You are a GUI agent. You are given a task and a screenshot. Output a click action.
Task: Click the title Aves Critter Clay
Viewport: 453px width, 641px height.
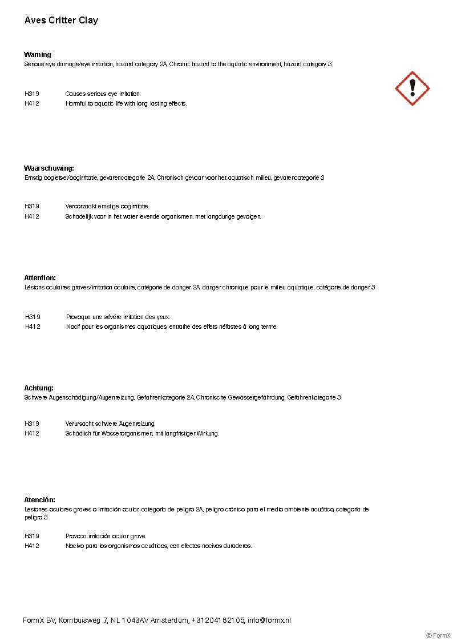61,21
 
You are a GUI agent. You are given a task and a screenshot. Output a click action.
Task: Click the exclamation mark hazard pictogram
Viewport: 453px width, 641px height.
412,88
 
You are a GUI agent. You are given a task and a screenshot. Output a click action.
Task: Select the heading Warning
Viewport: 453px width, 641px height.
38,55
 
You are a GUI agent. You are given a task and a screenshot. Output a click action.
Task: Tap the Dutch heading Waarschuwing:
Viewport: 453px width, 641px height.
49,168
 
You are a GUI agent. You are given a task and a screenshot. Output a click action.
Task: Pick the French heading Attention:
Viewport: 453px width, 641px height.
40,278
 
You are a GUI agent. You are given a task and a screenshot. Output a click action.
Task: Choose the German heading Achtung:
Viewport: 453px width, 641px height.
39,388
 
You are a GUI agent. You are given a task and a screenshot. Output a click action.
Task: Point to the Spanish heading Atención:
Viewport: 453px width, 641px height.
40,500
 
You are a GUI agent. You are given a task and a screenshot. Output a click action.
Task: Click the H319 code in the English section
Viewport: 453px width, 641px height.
32,94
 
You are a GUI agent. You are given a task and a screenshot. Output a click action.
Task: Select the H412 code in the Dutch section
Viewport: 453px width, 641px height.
32,216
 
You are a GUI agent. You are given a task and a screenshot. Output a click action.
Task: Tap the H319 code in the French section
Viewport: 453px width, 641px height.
33,317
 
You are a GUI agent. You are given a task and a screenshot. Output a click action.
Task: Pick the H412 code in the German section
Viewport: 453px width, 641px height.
32,433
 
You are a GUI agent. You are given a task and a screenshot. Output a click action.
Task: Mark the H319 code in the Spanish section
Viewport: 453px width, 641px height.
32,536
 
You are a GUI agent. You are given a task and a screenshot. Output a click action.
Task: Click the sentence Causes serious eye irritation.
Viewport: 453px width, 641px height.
103,94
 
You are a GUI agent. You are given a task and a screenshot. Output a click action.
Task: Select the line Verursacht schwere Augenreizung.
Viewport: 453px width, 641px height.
110,424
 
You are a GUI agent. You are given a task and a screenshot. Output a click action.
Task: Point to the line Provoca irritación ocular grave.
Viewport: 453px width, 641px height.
106,536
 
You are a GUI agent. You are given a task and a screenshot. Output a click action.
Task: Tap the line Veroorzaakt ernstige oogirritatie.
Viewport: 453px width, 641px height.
107,206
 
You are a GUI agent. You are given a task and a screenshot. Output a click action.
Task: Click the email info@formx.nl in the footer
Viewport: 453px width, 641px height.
269,620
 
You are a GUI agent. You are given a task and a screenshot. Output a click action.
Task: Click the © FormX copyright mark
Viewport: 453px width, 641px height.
438,635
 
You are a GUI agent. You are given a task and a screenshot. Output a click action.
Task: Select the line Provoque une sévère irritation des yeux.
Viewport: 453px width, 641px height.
118,317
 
